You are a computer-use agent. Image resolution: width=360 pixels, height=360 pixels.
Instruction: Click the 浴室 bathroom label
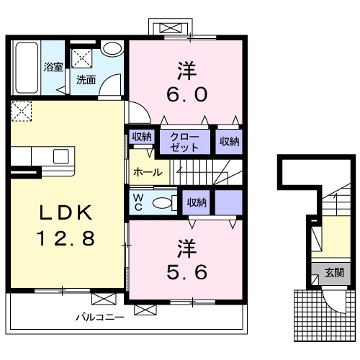tap(53, 67)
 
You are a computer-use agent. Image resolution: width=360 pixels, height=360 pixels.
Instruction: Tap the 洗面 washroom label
tap(86, 80)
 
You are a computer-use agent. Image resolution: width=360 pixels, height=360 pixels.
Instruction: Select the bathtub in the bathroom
tap(27, 68)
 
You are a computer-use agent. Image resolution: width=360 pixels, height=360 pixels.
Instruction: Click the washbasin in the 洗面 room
tap(112, 49)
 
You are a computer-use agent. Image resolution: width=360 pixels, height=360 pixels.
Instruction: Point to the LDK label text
tap(66, 212)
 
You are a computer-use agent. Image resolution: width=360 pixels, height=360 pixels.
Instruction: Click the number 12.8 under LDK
tap(66, 238)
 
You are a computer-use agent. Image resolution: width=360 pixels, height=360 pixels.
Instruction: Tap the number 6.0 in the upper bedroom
tap(187, 94)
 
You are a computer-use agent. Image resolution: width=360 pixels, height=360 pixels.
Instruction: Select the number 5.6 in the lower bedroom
tap(187, 272)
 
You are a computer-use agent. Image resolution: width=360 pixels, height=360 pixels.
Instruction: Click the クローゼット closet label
tap(184, 142)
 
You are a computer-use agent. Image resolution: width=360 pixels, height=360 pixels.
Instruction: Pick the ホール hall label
tap(148, 172)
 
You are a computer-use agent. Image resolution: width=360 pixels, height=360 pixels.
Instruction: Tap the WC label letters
tap(138, 203)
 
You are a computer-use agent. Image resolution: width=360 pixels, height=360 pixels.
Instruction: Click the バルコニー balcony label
tap(100, 318)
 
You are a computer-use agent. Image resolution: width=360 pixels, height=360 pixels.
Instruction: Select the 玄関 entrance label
tap(335, 273)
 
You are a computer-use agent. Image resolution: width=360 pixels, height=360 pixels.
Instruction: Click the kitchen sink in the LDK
tap(61, 156)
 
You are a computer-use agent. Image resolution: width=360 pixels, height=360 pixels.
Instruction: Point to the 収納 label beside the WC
tap(197, 203)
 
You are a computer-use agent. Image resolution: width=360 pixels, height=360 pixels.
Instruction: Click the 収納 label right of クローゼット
tap(230, 142)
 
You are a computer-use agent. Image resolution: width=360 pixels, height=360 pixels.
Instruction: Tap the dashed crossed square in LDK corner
tap(22, 112)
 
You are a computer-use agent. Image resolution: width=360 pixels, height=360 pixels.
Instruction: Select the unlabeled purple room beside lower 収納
tap(228, 202)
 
